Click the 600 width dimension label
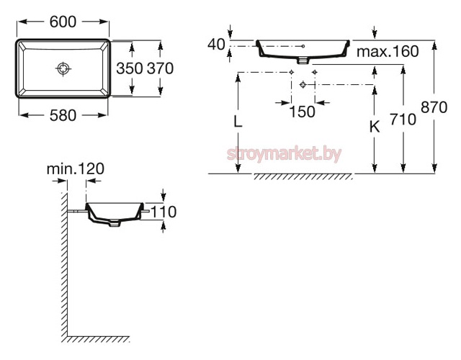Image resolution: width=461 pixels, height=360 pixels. pos(63,22)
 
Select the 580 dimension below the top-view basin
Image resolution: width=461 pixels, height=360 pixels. pos(63,115)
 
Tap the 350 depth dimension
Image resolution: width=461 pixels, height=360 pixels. pos(130,68)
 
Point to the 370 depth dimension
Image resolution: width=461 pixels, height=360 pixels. pos(160,68)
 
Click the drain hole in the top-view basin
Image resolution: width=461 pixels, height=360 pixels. pos(63,69)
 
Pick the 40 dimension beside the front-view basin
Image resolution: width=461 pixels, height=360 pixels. pos(216,45)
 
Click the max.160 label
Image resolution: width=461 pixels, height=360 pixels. pos(388,51)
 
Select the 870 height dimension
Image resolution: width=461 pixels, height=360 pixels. pos(434,107)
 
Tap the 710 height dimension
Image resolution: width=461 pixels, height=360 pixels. pos(403,120)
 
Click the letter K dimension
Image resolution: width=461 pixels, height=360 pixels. pos(375,127)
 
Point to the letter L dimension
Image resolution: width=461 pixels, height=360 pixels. pos(238,121)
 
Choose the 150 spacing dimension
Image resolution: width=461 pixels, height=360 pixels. pos(303,112)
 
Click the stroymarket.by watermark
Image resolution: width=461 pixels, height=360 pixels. pos(284,154)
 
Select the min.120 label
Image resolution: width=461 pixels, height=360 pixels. pos(76,169)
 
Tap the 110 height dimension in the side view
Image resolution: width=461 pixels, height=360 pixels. pos(164,212)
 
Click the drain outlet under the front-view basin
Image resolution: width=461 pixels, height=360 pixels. pos(303,60)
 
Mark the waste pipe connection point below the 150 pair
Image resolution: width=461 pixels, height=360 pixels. pos(303,85)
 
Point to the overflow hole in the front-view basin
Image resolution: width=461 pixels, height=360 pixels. pos(303,46)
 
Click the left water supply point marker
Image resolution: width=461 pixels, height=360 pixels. pos(291,72)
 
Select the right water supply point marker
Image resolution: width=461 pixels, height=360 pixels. pos(315,72)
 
